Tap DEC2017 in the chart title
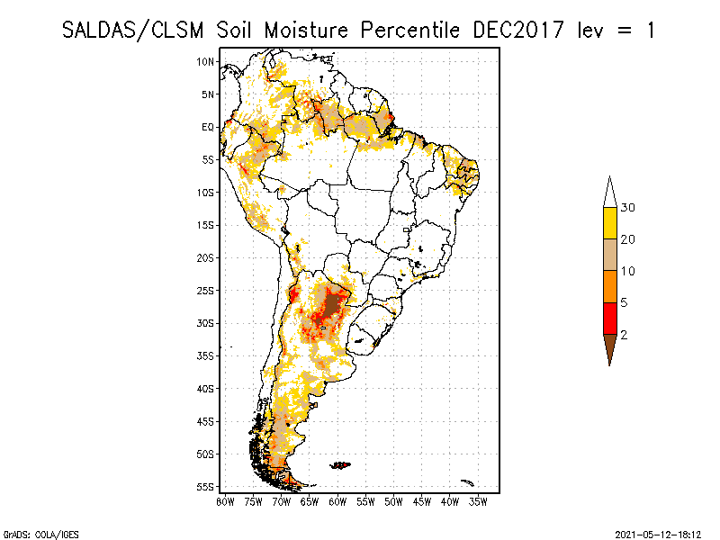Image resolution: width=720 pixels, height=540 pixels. pyautogui.click(x=516, y=30)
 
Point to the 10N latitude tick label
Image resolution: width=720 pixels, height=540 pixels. pyautogui.click(x=206, y=61)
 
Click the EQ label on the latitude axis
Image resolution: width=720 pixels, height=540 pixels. pyautogui.click(x=208, y=127)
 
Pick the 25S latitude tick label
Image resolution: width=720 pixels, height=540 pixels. pyautogui.click(x=206, y=291)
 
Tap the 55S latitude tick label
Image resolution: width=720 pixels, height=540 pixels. pyautogui.click(x=206, y=487)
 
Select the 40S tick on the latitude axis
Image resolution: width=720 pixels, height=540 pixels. pyautogui.click(x=206, y=389)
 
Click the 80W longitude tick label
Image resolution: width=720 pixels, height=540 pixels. pyautogui.click(x=226, y=501)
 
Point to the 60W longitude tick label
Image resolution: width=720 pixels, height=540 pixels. pyautogui.click(x=338, y=501)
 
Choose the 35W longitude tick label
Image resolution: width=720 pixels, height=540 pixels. pyautogui.click(x=479, y=501)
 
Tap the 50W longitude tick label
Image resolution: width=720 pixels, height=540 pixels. pyautogui.click(x=394, y=501)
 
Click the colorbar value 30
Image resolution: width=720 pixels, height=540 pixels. pyautogui.click(x=629, y=208)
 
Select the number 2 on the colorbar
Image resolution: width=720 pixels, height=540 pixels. pyautogui.click(x=623, y=335)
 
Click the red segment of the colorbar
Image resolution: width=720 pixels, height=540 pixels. pyautogui.click(x=609, y=319)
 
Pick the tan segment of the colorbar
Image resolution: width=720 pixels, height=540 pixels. pyautogui.click(x=609, y=256)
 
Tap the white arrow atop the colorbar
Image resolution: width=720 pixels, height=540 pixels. pyautogui.click(x=609, y=193)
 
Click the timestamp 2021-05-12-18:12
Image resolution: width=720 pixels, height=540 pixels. pyautogui.click(x=658, y=533)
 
